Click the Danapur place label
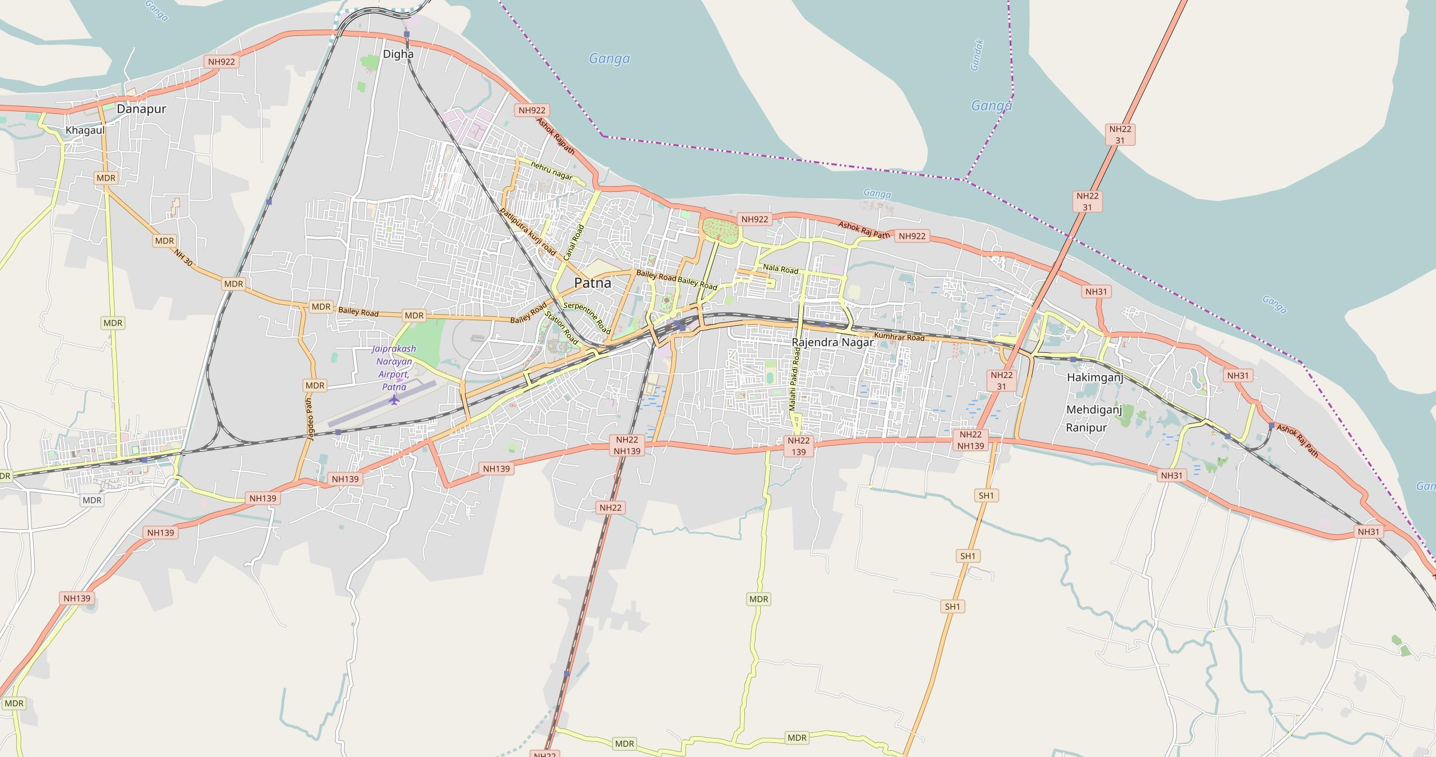[x=141, y=109]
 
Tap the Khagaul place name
[x=85, y=130]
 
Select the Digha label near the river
[x=398, y=54]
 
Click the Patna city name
[x=592, y=283]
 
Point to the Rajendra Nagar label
[x=832, y=342]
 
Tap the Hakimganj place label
[x=1094, y=377]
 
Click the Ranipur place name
[x=1086, y=428]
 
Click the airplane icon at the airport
[x=394, y=399]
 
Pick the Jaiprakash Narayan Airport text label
[x=394, y=367]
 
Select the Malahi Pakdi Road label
[x=795, y=378]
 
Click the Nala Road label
[x=781, y=270]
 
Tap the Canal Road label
[x=574, y=242]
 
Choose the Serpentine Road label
[x=587, y=317]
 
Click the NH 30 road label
[x=183, y=258]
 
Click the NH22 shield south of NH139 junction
[x=610, y=507]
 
